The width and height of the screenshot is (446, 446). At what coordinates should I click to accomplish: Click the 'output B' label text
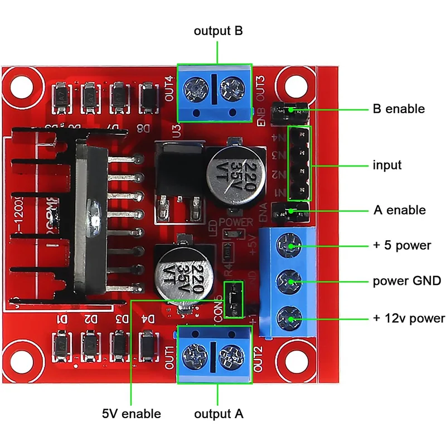coord(218,31)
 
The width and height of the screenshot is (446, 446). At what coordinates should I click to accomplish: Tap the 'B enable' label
coord(398,109)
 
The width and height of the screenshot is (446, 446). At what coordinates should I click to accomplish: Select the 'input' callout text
coord(387,166)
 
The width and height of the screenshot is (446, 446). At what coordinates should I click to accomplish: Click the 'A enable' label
coord(399,210)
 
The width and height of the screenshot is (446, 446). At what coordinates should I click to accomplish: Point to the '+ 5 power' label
coord(401,245)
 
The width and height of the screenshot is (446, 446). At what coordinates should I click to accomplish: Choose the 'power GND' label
coord(407,280)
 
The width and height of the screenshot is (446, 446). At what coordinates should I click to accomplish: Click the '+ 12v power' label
coord(409,318)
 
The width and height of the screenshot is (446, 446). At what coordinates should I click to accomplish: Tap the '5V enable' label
coord(131,414)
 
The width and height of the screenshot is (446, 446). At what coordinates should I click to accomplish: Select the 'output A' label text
coord(219,414)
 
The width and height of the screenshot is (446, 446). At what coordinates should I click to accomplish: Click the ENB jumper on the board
coord(290,113)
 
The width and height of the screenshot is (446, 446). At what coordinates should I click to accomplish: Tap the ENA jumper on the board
coord(290,212)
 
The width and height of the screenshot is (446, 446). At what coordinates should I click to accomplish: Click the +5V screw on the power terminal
coord(290,244)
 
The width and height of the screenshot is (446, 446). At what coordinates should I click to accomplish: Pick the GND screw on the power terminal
coord(290,280)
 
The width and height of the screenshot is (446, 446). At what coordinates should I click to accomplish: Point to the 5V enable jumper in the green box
coord(233,300)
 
